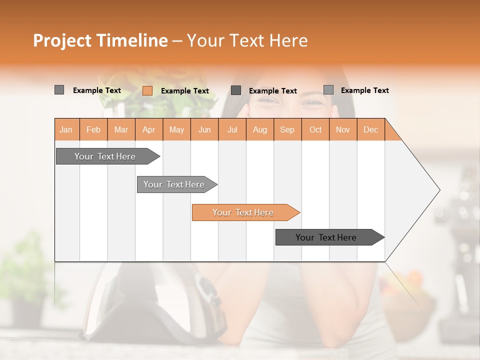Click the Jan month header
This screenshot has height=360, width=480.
coord(66,129)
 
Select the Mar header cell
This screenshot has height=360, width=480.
coord(121,129)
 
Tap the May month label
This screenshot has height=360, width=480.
coord(176,129)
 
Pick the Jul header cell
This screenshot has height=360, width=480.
coord(232,129)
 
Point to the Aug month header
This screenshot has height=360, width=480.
coord(260,129)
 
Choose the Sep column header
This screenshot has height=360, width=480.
coord(287,129)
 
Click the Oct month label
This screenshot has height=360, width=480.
coord(315,129)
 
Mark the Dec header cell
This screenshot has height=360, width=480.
coord(370,129)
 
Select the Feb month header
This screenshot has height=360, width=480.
coord(93,129)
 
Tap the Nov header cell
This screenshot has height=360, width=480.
coord(343,129)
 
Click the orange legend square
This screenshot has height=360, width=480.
coord(147,90)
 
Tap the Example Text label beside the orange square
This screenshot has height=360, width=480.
coord(185,91)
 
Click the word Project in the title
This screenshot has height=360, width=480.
coord(63,40)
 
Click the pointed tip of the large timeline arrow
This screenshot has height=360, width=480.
coord(438,190)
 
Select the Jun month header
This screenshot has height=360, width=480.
coord(204,129)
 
